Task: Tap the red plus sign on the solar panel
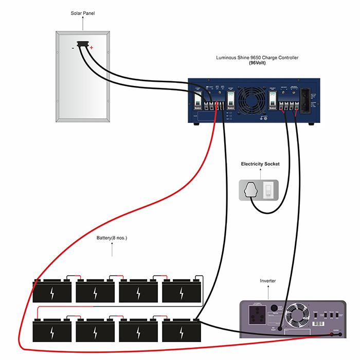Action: [x=91, y=48]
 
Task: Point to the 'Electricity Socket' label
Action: [x=260, y=164]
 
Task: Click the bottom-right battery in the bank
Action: [x=182, y=332]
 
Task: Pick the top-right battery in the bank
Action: [x=182, y=291]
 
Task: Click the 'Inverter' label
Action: [x=268, y=281]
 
